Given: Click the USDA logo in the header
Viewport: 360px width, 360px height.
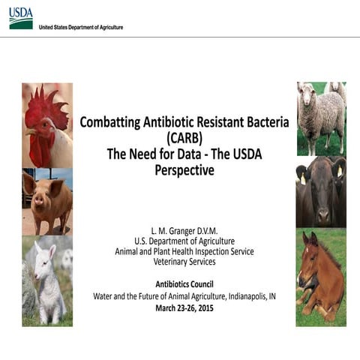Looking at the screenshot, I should [21, 18].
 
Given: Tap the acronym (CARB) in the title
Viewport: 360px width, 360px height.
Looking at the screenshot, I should [184, 138].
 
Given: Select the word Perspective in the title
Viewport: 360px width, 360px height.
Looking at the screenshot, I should [184, 170].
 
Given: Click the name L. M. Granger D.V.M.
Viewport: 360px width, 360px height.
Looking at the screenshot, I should [184, 229].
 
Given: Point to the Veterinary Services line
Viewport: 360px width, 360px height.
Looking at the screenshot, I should [184, 262].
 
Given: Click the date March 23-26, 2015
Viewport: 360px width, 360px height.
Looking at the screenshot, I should [184, 307].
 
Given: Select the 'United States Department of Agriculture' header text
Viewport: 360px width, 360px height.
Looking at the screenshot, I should [81, 27].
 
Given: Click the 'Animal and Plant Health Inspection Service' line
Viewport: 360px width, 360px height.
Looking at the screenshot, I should [184, 251].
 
